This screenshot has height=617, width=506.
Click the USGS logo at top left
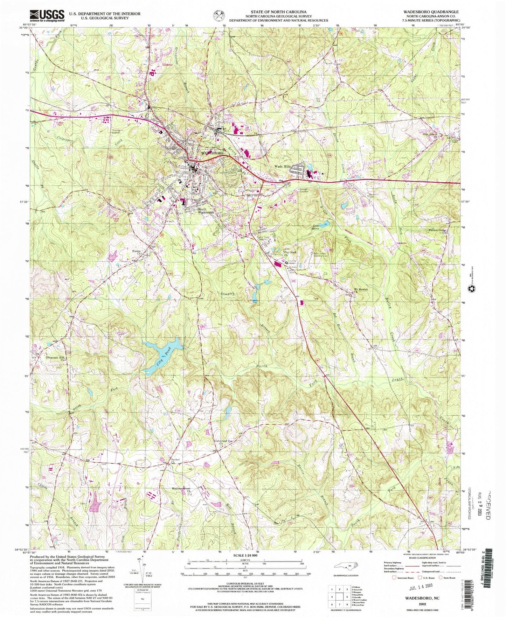click(47, 16)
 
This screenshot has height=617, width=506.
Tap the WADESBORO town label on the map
click(212, 153)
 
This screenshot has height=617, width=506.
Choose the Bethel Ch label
click(175, 461)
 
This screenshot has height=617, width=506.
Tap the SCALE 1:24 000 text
click(245, 555)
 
